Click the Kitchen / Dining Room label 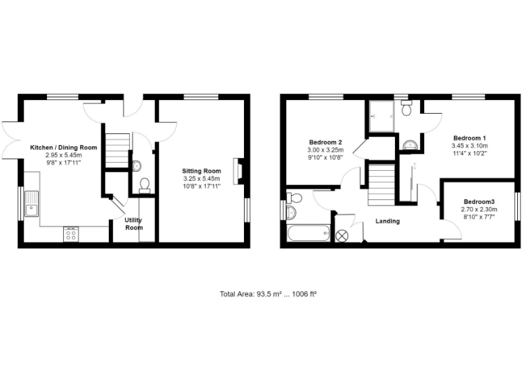63,147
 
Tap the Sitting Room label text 202,171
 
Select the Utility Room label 134,224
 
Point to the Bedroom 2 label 326,142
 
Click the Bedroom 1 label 469,137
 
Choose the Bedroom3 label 479,202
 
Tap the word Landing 388,221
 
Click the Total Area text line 269,294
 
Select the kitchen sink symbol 32,203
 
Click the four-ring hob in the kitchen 70,233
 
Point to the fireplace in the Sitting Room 237,171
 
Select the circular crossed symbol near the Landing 342,235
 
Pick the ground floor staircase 118,150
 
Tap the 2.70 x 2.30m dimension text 479,210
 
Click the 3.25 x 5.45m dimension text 202,179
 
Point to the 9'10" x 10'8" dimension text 326,157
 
